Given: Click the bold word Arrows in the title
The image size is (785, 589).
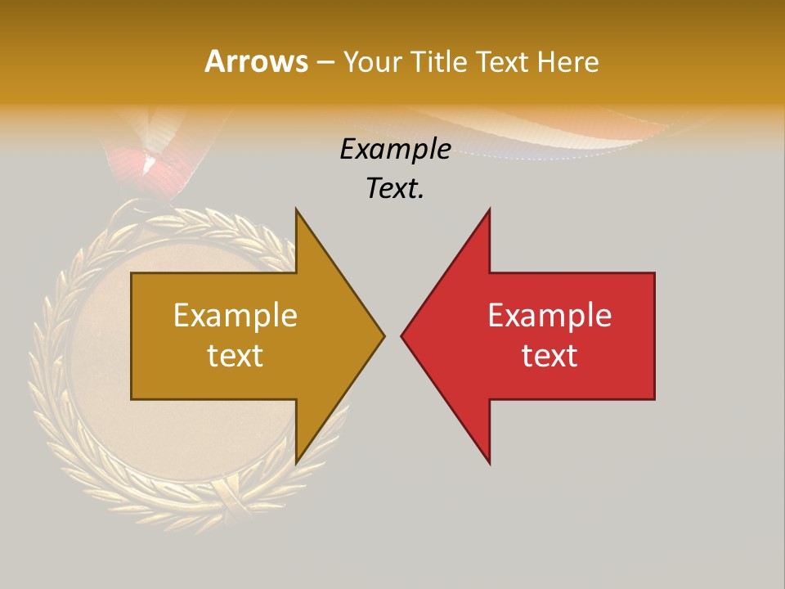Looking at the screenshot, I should click(x=256, y=61).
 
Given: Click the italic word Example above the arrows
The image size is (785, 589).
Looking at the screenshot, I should click(x=395, y=150).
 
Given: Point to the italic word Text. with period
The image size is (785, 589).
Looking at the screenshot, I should click(x=395, y=188).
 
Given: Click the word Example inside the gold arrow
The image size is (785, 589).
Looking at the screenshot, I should click(x=235, y=316).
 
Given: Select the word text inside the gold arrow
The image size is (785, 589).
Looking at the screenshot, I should click(x=235, y=355).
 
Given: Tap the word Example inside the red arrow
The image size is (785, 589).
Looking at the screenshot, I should click(x=549, y=316).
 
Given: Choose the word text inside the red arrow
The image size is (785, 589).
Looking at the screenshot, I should click(x=549, y=355).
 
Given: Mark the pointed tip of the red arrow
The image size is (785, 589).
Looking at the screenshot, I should click(x=402, y=335).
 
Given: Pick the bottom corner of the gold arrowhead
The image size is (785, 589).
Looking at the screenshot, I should click(x=297, y=462).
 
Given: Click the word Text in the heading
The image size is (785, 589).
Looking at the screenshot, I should click(x=500, y=61).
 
